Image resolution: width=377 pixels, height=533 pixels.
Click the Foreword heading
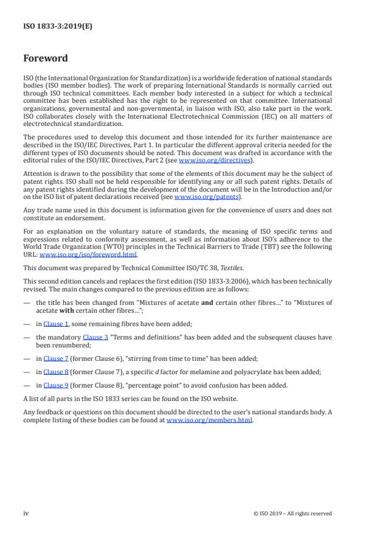click(x=46, y=59)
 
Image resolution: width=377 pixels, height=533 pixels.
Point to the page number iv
click(x=26, y=513)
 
